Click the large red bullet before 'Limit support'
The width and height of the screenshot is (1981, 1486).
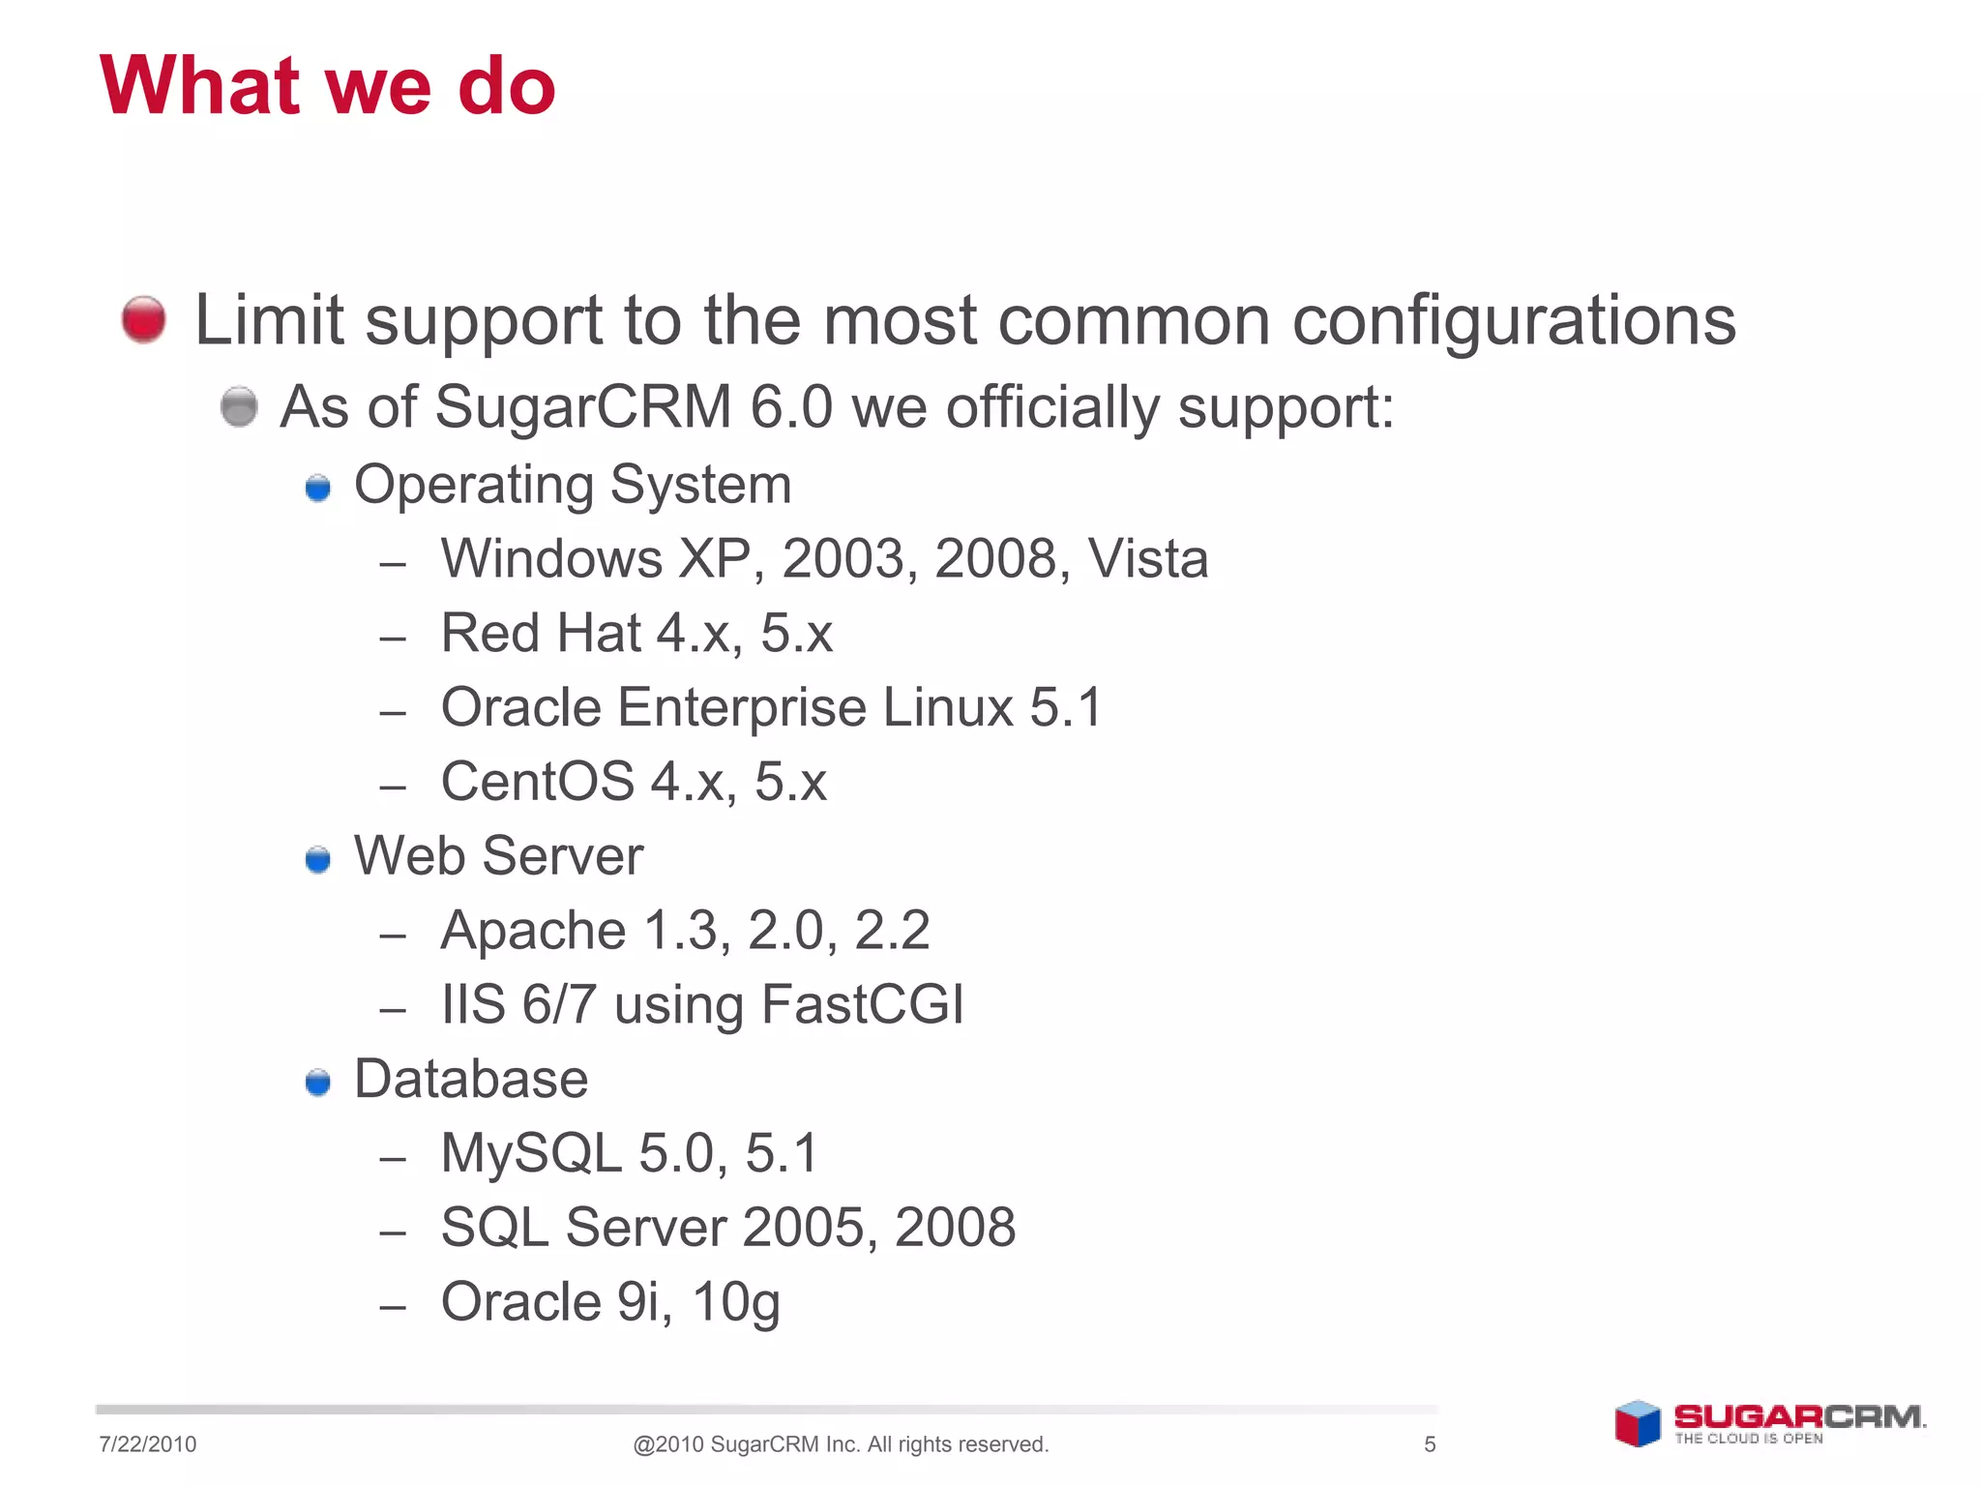144,319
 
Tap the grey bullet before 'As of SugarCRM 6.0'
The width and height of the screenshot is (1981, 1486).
239,406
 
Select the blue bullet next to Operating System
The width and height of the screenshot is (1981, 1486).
317,488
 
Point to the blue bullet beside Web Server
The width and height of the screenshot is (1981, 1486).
317,859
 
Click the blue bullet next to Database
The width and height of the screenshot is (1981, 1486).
317,1082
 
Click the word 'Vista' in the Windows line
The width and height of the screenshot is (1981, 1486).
1147,559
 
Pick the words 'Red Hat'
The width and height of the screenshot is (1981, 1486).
543,634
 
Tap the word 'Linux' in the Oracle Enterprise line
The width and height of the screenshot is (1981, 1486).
947,707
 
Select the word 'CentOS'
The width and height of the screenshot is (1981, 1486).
537,782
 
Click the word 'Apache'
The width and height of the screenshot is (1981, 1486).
533,932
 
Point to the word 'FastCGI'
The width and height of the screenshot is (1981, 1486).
862,1004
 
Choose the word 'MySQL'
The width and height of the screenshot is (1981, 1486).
531,1153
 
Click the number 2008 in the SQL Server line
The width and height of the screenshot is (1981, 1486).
955,1228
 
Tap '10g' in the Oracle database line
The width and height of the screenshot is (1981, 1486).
735,1302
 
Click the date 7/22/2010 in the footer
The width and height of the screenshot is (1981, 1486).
147,1444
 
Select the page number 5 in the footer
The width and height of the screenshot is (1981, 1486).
1430,1444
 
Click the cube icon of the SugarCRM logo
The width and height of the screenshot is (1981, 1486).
1637,1424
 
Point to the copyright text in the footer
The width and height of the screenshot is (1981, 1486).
841,1444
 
